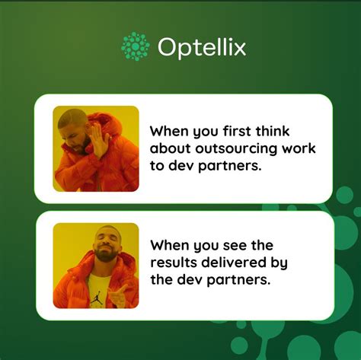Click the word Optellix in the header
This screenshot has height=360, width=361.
point(202,47)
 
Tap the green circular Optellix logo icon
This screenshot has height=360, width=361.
point(136,46)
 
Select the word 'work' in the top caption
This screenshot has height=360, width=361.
point(299,148)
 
